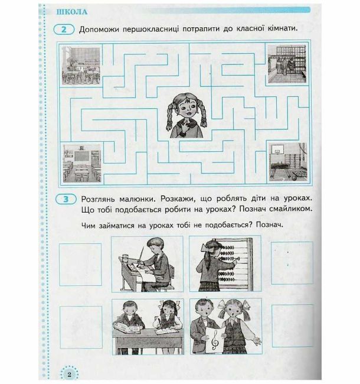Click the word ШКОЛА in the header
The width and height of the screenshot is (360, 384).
coord(71,12)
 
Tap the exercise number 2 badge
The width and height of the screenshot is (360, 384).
coord(64,30)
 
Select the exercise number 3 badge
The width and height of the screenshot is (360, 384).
coord(66,199)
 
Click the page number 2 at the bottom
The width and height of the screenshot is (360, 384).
coord(70,374)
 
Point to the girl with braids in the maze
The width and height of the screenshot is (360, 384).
coord(187,116)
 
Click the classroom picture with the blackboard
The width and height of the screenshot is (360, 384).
coord(82,163)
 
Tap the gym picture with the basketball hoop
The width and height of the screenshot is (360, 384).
coord(288,162)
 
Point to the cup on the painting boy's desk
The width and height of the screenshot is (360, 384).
coord(125,258)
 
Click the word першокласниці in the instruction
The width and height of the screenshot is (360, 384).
coord(150,29)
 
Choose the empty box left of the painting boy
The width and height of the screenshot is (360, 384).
coord(80,265)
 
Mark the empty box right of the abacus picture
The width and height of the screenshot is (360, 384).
coord(292,263)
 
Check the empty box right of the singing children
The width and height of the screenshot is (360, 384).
coord(293,326)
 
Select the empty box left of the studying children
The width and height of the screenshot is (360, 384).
coord(81,327)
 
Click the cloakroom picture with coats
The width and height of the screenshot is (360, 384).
coord(287,64)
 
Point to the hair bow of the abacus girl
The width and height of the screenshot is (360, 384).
coord(205,248)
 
